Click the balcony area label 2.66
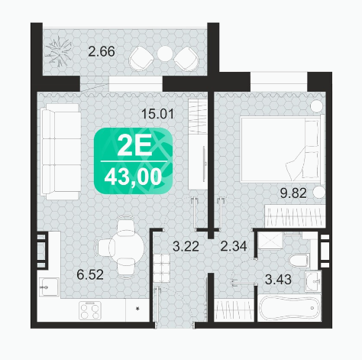point(102,51)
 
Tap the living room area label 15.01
point(158,114)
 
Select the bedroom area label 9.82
point(293,193)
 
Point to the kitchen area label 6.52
point(90,274)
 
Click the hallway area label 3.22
point(186,246)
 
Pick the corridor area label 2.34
point(234,246)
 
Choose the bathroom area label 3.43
point(278,280)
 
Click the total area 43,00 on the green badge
point(133,177)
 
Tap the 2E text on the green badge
point(134,147)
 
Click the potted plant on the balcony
point(59,51)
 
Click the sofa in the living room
point(60,151)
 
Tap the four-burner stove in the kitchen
point(89,311)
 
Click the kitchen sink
point(49,287)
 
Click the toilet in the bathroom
point(299,261)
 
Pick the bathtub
point(289,308)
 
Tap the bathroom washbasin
point(312,281)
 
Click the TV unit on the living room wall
point(197,144)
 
